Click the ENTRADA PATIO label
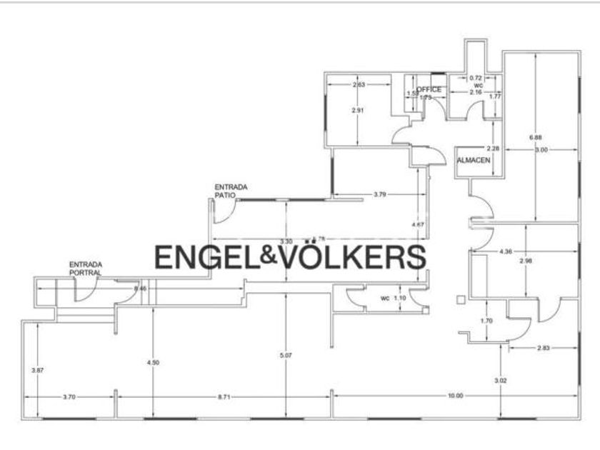(231, 191)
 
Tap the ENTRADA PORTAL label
(85, 269)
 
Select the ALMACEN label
(474, 160)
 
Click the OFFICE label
(429, 89)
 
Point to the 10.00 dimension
(455, 396)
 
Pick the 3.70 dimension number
(69, 396)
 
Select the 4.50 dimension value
(152, 363)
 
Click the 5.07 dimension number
(286, 355)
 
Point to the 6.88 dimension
(534, 137)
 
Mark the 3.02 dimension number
(501, 381)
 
